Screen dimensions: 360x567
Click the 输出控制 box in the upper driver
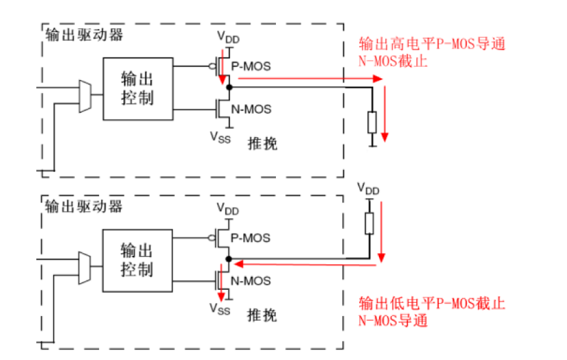[138, 89]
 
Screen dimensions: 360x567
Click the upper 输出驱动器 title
[84, 35]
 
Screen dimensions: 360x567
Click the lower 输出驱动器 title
[84, 206]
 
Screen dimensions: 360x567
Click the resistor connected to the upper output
[372, 122]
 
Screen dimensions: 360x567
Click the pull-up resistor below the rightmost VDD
[369, 224]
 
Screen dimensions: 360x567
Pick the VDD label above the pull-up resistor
[368, 188]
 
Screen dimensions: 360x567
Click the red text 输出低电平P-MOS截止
[433, 304]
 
